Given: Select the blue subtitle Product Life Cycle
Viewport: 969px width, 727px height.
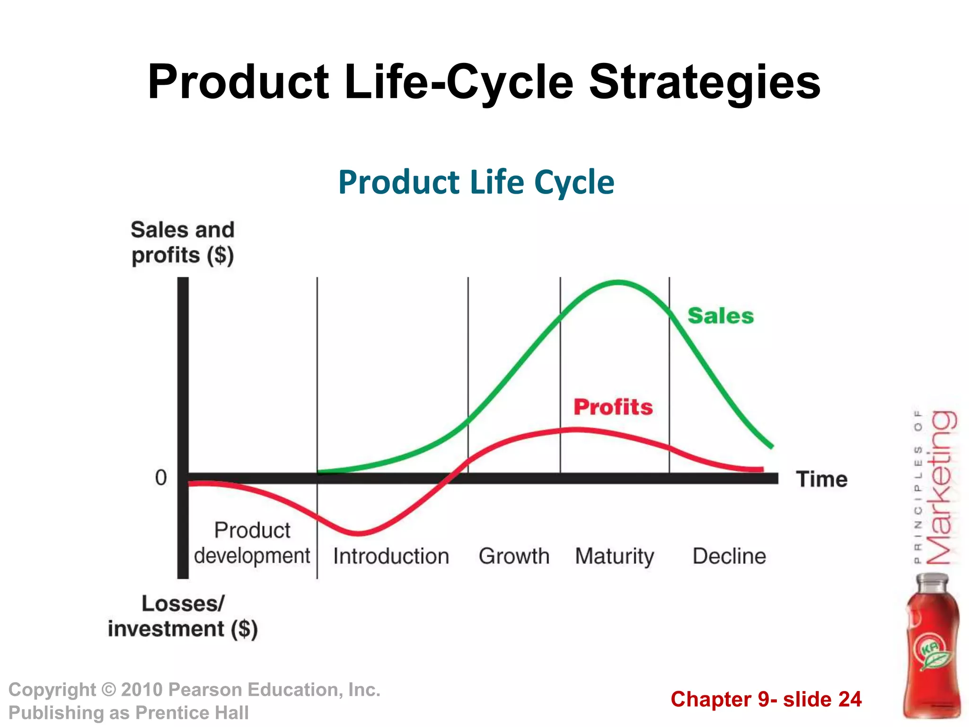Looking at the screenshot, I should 476,182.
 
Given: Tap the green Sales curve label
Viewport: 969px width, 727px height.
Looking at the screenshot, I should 720,316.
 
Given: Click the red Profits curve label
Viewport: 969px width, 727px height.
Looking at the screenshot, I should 613,407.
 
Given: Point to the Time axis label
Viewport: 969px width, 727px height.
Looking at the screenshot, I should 821,479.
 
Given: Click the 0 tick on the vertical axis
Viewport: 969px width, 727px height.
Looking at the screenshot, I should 161,478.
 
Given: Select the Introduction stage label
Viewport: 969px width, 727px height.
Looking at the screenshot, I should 391,556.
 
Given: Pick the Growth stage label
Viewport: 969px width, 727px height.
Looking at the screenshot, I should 514,556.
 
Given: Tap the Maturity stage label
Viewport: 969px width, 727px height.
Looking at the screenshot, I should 614,557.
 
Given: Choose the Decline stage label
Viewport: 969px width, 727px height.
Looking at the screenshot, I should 729,556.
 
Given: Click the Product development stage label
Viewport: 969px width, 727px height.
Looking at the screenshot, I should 252,543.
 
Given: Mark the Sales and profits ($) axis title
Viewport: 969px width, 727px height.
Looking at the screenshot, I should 183,242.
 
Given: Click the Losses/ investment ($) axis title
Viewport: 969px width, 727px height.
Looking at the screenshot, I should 183,616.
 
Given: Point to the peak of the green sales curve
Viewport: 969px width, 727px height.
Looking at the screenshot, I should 618,283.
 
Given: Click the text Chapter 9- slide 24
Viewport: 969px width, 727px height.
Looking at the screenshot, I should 766,700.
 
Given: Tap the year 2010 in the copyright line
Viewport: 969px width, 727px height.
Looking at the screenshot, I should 141,690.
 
